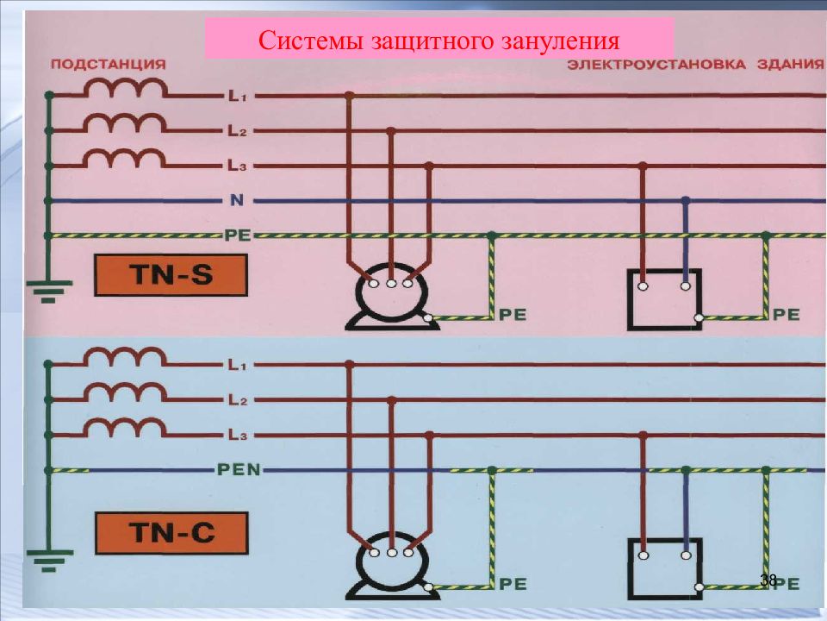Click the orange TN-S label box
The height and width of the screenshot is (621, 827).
(171, 275)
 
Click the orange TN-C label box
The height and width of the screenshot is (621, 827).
(171, 532)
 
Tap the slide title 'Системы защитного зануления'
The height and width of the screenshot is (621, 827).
(438, 41)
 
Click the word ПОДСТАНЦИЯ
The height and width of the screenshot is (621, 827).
(109, 65)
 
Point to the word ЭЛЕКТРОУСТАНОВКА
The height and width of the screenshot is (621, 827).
(656, 65)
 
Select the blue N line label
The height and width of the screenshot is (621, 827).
(237, 201)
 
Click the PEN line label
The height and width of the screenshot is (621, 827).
(239, 469)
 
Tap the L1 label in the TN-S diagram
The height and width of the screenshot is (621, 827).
(236, 97)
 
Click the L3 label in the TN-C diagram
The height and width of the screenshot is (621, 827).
(238, 436)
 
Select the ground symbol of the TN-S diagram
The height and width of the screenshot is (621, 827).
(49, 291)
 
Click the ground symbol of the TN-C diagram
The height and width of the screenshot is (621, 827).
(49, 561)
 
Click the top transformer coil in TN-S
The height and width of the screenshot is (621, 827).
(127, 89)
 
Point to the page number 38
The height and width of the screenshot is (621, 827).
(768, 580)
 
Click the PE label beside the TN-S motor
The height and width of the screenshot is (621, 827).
(513, 315)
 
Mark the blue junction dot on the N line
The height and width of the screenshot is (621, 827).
(685, 201)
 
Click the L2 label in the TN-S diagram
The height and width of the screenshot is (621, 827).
(237, 131)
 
